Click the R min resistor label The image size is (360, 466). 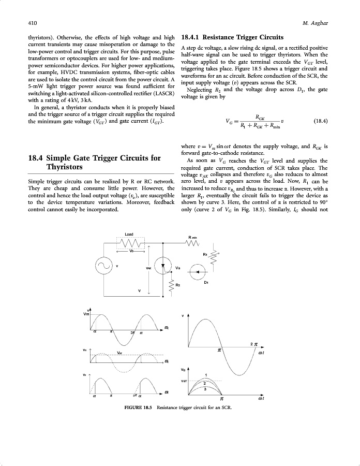coord(193,237)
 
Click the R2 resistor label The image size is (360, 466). coord(177,285)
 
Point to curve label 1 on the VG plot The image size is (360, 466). coord(206,374)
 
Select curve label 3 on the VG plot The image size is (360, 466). coord(206,388)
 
